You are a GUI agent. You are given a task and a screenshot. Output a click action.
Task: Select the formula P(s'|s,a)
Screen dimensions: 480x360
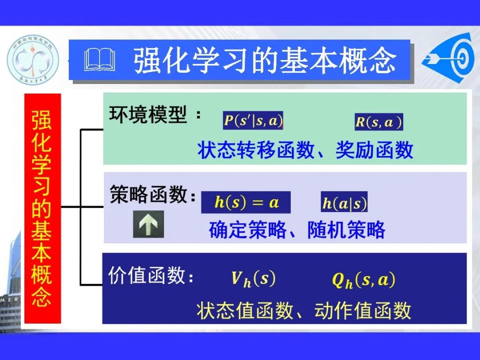(x=253, y=121)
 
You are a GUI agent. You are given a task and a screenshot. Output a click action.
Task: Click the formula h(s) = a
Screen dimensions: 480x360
(x=246, y=203)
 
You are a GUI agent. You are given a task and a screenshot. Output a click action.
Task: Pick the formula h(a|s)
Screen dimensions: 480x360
(x=344, y=203)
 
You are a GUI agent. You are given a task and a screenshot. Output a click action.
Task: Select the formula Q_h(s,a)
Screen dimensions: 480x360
(x=364, y=280)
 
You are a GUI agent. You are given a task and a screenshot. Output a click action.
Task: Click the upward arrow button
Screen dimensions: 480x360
(x=148, y=224)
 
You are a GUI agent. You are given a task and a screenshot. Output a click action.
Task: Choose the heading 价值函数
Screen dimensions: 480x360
(x=146, y=276)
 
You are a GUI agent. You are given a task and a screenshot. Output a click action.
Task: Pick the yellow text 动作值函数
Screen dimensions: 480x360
(x=363, y=311)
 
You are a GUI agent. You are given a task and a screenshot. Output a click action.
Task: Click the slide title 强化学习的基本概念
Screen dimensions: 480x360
(x=265, y=61)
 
